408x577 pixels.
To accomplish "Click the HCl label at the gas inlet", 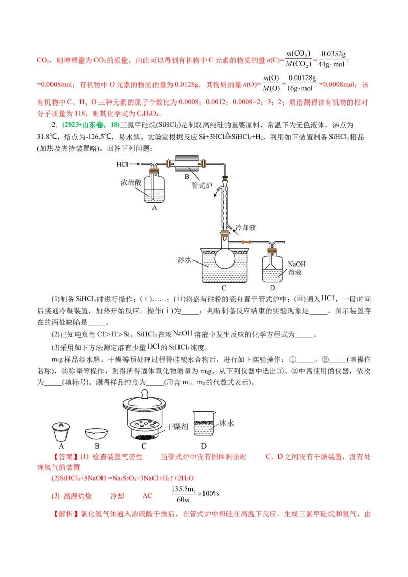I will pos(122,164).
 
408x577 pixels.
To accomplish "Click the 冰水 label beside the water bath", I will pos(184,260).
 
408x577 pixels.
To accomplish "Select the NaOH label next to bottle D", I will pos(297,264).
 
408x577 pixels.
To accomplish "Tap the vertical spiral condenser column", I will pos(224,206).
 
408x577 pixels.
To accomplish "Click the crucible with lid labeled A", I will pos(62,432).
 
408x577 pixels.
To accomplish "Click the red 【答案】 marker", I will pos(64,457).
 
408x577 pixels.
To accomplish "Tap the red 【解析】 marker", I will pos(65,514).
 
